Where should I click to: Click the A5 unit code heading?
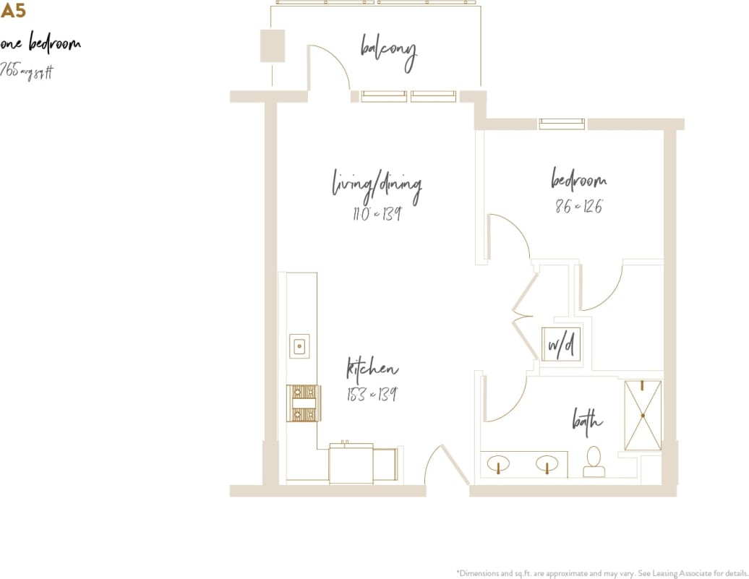click(x=13, y=11)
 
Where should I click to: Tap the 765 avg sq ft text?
click(x=27, y=71)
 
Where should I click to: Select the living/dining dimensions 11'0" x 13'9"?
click(x=377, y=214)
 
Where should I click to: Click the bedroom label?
click(x=578, y=179)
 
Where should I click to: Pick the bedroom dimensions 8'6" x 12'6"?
click(x=578, y=206)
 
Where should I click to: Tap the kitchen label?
click(x=372, y=369)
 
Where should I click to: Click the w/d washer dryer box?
click(x=561, y=344)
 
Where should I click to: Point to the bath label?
click(x=587, y=419)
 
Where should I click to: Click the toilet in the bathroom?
click(x=594, y=462)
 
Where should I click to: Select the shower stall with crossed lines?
click(x=643, y=416)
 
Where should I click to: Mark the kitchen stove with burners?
click(x=302, y=403)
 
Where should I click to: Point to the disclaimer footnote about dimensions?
click(x=602, y=571)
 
